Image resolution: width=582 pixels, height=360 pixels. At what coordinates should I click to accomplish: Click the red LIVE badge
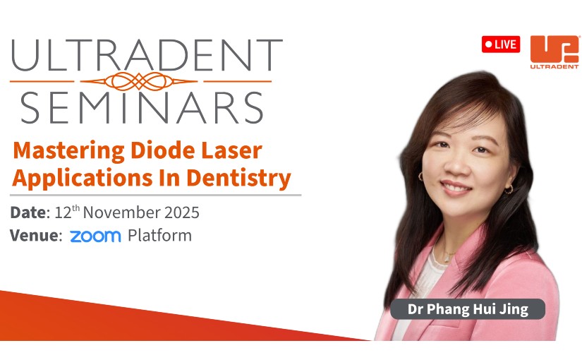point(501,44)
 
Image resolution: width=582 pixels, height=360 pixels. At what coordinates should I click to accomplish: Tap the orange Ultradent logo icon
point(554,49)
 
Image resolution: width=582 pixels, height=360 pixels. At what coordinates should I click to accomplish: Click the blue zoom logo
point(95,236)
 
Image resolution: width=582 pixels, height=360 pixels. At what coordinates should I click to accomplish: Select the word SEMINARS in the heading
point(142,108)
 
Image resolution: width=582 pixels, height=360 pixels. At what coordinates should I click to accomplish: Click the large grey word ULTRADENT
point(147,55)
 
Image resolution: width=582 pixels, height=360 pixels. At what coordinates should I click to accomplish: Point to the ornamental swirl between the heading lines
point(139,81)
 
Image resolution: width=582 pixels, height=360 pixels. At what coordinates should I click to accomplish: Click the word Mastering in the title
point(68,151)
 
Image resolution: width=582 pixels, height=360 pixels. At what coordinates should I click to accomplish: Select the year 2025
point(182,212)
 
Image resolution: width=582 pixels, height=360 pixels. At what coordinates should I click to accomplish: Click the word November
point(122,212)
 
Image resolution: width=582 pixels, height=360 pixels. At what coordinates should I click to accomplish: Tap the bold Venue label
point(36,236)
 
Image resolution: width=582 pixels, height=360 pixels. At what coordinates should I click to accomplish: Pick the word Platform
point(159,236)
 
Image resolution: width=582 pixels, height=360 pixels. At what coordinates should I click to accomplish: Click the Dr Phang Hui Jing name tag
point(468,309)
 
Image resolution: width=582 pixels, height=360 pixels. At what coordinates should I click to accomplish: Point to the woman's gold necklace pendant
point(447,256)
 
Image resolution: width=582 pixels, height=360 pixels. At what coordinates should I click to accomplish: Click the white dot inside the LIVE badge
point(488,44)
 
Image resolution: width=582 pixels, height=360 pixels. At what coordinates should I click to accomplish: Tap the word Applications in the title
point(83,179)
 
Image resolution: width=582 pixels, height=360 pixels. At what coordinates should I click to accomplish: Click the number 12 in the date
point(63,212)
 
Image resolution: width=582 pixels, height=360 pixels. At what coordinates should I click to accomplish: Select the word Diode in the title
point(162,150)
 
